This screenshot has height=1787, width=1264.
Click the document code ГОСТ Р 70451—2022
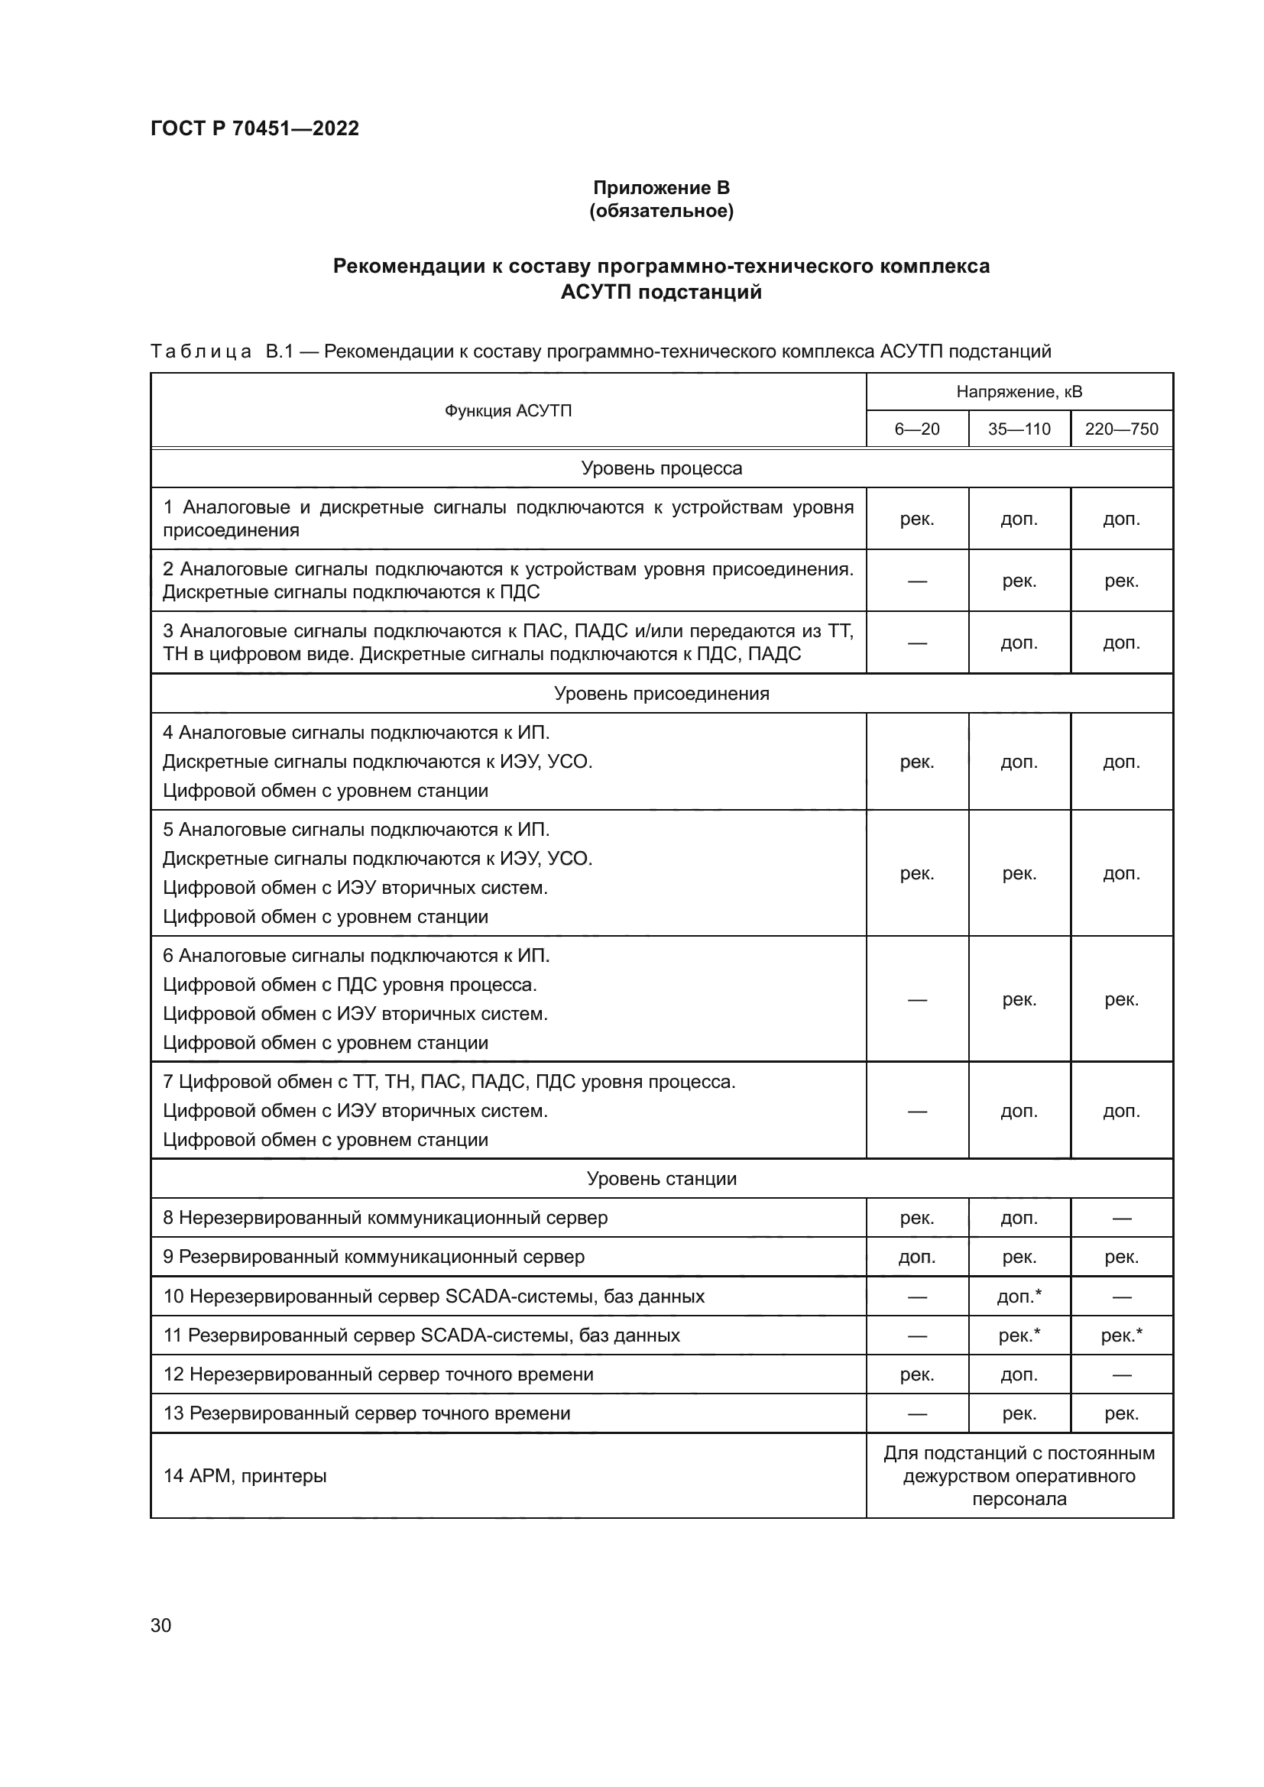pyautogui.click(x=254, y=128)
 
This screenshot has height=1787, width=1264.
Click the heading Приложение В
pyautogui.click(x=661, y=188)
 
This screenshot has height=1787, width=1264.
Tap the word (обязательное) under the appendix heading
pyautogui.click(x=661, y=211)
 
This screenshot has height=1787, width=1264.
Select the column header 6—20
pyautogui.click(x=917, y=429)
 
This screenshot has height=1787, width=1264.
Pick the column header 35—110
pyautogui.click(x=1019, y=429)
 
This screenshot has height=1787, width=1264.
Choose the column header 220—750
pyautogui.click(x=1121, y=429)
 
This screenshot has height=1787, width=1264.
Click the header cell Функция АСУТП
pyautogui.click(x=507, y=410)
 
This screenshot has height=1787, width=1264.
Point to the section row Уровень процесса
pyautogui.click(x=661, y=468)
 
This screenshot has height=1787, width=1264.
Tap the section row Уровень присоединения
pyautogui.click(x=661, y=694)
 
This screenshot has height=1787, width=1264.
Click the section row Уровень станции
pyautogui.click(x=661, y=1178)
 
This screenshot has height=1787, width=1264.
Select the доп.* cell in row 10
pyautogui.click(x=1019, y=1296)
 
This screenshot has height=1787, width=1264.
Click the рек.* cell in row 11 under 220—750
pyautogui.click(x=1121, y=1335)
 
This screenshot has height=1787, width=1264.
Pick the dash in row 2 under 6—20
pyautogui.click(x=917, y=581)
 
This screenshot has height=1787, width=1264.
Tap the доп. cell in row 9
pyautogui.click(x=917, y=1257)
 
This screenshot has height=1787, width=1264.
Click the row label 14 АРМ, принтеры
pyautogui.click(x=245, y=1476)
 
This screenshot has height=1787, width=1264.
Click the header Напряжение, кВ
pyautogui.click(x=1019, y=391)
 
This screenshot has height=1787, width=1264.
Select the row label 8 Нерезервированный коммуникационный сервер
pyautogui.click(x=385, y=1217)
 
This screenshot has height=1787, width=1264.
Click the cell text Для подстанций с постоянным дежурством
pyautogui.click(x=1019, y=1464)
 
